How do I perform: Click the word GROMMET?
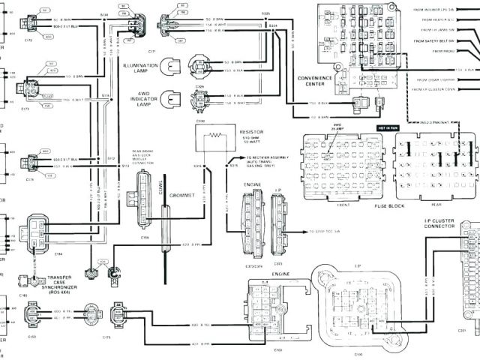pyautogui.click(x=182, y=195)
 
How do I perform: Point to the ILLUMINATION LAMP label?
pyautogui.click(x=141, y=68)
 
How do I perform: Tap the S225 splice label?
pyautogui.click(x=266, y=13)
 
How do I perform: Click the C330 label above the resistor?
pyautogui.click(x=201, y=120)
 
